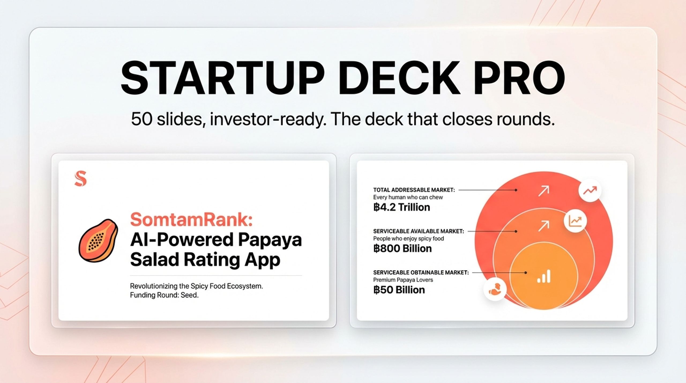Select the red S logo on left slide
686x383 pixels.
click(81, 178)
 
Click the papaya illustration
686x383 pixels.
click(98, 240)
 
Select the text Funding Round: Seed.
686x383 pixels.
click(164, 295)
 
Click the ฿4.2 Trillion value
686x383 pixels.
click(401, 207)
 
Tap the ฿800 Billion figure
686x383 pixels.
click(402, 249)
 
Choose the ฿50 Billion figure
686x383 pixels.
click(399, 290)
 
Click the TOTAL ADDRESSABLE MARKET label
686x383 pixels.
click(414, 190)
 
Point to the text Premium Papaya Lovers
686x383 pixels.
click(403, 280)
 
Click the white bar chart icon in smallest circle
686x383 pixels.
click(544, 277)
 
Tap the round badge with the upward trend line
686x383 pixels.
click(590, 191)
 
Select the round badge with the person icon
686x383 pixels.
click(495, 289)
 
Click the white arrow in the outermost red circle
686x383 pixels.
click(543, 191)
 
